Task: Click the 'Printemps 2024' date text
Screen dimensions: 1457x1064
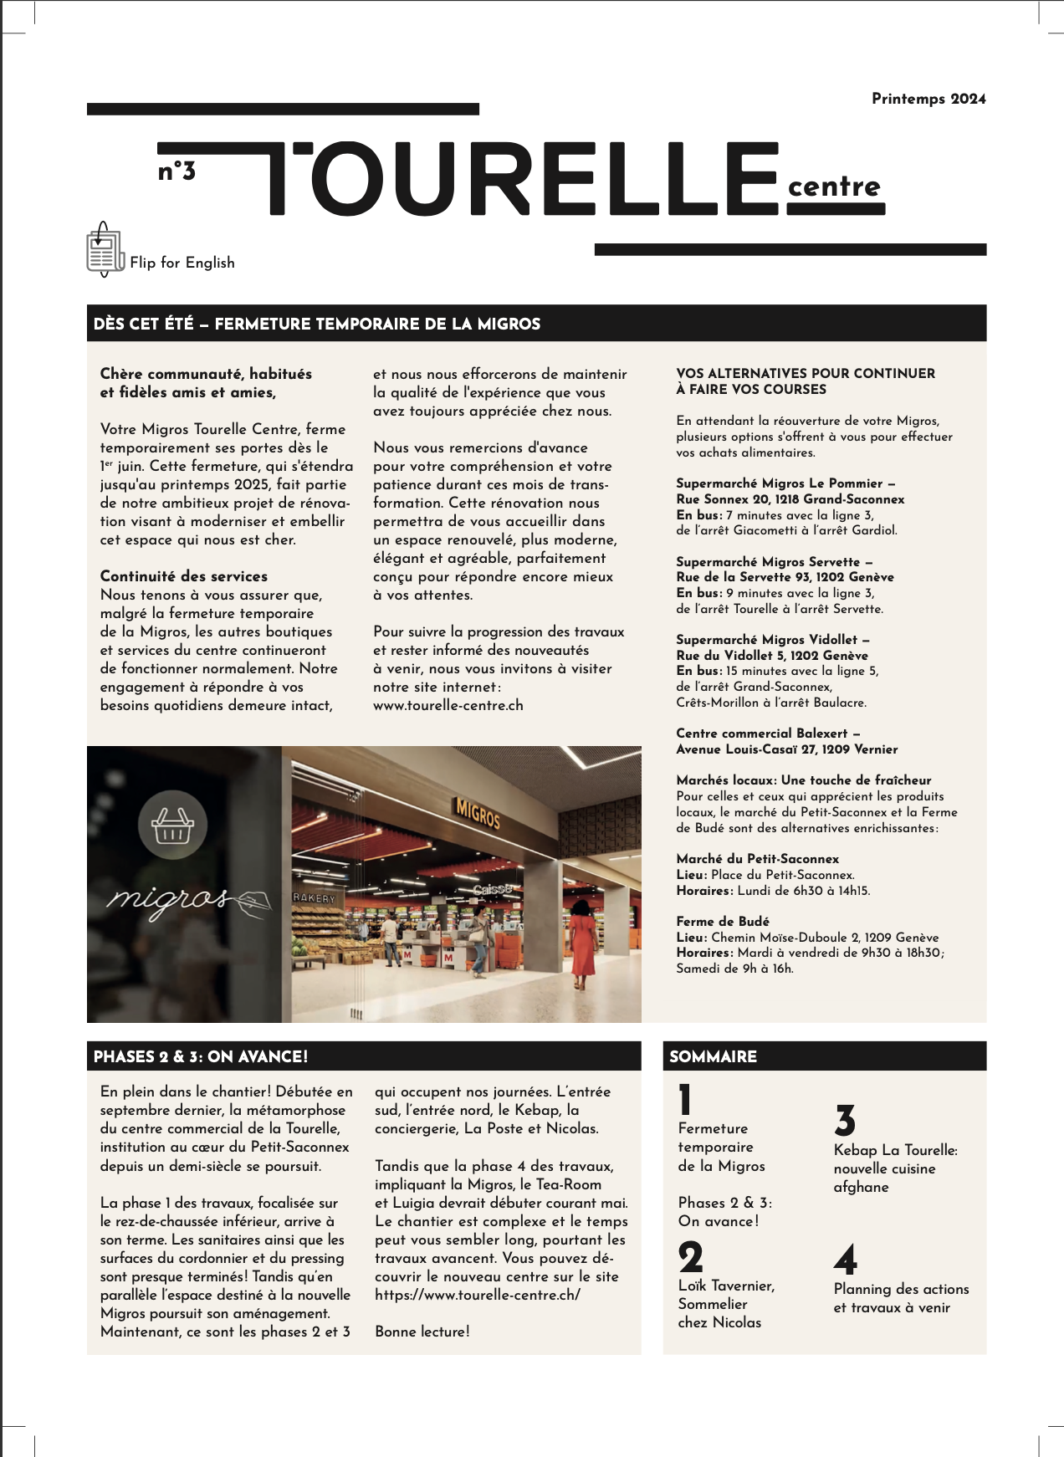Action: (x=928, y=99)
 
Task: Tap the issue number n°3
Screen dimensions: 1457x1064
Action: (x=176, y=171)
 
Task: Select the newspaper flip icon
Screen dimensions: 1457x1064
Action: (x=104, y=249)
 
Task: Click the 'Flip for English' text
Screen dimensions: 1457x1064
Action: (x=182, y=263)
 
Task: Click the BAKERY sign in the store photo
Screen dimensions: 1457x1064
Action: (x=314, y=897)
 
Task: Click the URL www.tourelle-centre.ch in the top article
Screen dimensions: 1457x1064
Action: (x=448, y=705)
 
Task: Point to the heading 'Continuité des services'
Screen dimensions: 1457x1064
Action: (x=184, y=576)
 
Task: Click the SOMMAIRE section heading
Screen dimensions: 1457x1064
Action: (x=714, y=1056)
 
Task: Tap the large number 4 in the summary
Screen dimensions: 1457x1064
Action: (x=846, y=1260)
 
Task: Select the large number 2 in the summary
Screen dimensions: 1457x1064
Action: (x=691, y=1257)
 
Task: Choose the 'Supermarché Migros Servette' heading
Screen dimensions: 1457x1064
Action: (x=774, y=562)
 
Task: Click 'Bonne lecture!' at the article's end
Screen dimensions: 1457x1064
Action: (x=422, y=1332)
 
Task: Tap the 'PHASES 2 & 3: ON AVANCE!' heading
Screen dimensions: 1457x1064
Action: (x=201, y=1056)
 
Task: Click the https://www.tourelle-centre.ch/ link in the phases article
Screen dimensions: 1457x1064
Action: (x=478, y=1295)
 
